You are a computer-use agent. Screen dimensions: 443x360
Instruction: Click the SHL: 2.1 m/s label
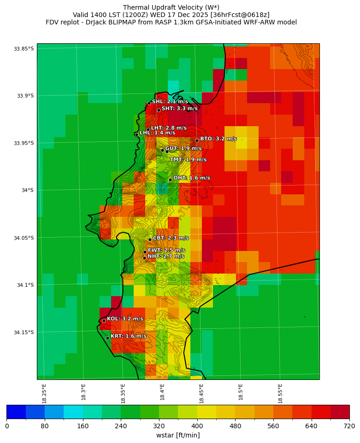pyautogui.click(x=170, y=101)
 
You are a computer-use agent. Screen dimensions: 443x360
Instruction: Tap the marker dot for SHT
pyautogui.click(x=159, y=110)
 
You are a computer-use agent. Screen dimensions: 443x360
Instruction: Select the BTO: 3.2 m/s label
pyautogui.click(x=218, y=139)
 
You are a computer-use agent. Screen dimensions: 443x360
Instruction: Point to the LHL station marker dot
pyautogui.click(x=136, y=134)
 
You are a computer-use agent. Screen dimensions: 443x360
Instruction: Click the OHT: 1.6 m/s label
pyautogui.click(x=191, y=178)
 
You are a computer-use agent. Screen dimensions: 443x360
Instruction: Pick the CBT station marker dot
pyautogui.click(x=150, y=239)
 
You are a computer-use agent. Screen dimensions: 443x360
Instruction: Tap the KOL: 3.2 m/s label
pyautogui.click(x=125, y=319)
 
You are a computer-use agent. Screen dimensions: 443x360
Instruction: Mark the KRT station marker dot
pyautogui.click(x=107, y=338)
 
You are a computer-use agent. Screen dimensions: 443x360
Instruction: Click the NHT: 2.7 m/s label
pyautogui.click(x=165, y=256)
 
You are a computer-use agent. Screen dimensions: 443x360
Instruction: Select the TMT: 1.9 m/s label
pyautogui.click(x=188, y=160)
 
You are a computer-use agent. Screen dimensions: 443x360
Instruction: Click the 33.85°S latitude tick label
pyautogui.click(x=24, y=49)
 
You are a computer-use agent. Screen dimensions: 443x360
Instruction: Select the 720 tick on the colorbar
pyautogui.click(x=349, y=426)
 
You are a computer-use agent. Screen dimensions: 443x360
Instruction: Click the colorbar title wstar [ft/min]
pyautogui.click(x=178, y=435)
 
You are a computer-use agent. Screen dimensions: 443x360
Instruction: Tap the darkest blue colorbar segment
pyautogui.click(x=16, y=412)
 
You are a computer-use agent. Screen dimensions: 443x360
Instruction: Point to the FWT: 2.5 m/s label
pyautogui.click(x=166, y=250)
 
